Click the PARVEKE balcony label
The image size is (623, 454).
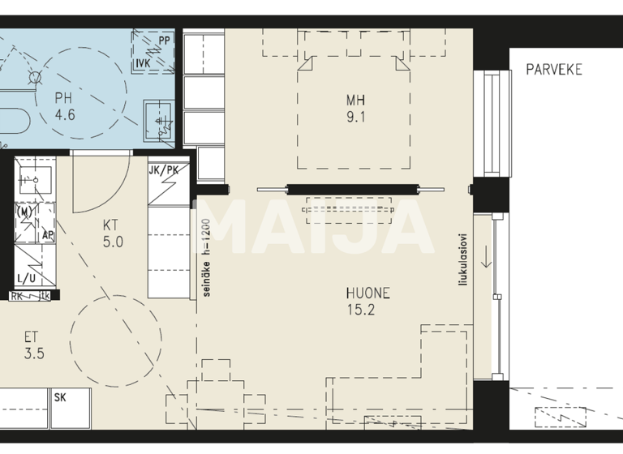pyautogui.click(x=554, y=70)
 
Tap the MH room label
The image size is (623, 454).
pyautogui.click(x=355, y=101)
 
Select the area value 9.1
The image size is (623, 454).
pyautogui.click(x=355, y=117)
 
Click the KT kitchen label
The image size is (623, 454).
pyautogui.click(x=112, y=225)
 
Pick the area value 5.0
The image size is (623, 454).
pyautogui.click(x=112, y=241)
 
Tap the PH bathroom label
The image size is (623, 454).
pyautogui.click(x=64, y=99)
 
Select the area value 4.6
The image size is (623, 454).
pyautogui.click(x=64, y=115)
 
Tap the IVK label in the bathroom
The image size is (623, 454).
pyautogui.click(x=143, y=62)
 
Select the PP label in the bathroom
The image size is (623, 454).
pyautogui.click(x=165, y=40)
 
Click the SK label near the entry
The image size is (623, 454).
pyautogui.click(x=61, y=398)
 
